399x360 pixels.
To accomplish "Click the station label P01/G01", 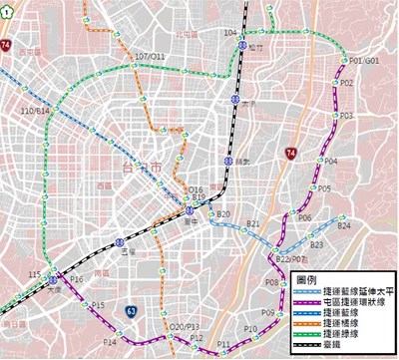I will pos(366,61).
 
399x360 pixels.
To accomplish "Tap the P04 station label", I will pos(331,161).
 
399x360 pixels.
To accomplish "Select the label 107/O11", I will pos(149,57).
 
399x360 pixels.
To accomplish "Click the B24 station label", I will pos(343,226).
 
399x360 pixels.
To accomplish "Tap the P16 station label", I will pos(77,280).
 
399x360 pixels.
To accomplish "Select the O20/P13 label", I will pos(185,327).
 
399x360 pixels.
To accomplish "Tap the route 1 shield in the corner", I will pos(7,7).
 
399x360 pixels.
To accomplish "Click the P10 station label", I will pos(250,328).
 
